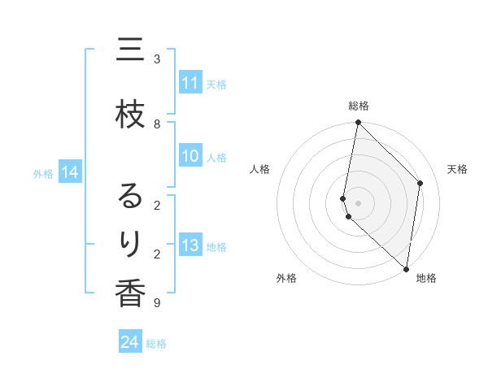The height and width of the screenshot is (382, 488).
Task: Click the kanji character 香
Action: (130, 293)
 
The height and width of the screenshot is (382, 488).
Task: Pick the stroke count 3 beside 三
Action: (157, 59)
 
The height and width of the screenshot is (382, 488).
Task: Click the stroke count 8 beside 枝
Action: (157, 124)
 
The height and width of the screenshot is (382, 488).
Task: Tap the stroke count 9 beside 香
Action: (157, 303)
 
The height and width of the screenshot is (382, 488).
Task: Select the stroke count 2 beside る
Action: (157, 204)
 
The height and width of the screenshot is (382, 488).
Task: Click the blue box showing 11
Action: (190, 83)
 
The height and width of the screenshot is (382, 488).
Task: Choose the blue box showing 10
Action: (190, 157)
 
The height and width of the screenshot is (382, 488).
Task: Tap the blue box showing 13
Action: (190, 246)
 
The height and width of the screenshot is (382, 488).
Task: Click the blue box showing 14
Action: (70, 172)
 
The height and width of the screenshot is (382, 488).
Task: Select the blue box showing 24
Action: (130, 342)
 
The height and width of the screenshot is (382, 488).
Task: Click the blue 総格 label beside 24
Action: (156, 344)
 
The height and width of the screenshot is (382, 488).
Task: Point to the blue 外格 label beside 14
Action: (42, 173)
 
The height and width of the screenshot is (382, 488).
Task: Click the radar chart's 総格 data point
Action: (358, 123)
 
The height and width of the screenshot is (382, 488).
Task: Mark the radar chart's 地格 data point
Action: (406, 268)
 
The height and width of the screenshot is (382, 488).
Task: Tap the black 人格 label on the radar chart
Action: (259, 169)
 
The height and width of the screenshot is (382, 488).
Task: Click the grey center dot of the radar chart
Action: (358, 202)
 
